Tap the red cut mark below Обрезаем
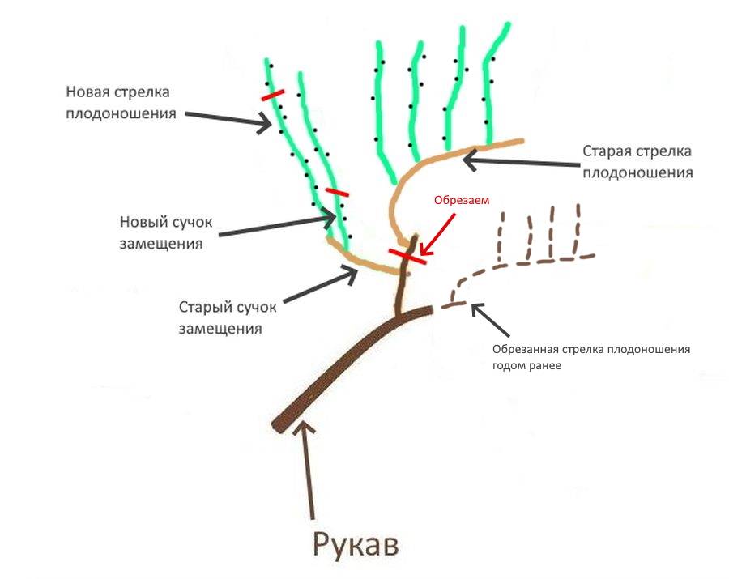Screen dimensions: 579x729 tap(408, 257)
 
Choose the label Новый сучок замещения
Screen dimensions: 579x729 tap(160, 232)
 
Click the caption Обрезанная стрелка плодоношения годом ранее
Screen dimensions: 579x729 tap(590, 357)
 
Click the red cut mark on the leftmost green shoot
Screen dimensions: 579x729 tap(273, 96)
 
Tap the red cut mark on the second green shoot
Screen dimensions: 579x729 tap(336, 192)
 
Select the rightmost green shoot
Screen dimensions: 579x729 tap(491, 81)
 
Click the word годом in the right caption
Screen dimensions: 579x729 tap(513, 365)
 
